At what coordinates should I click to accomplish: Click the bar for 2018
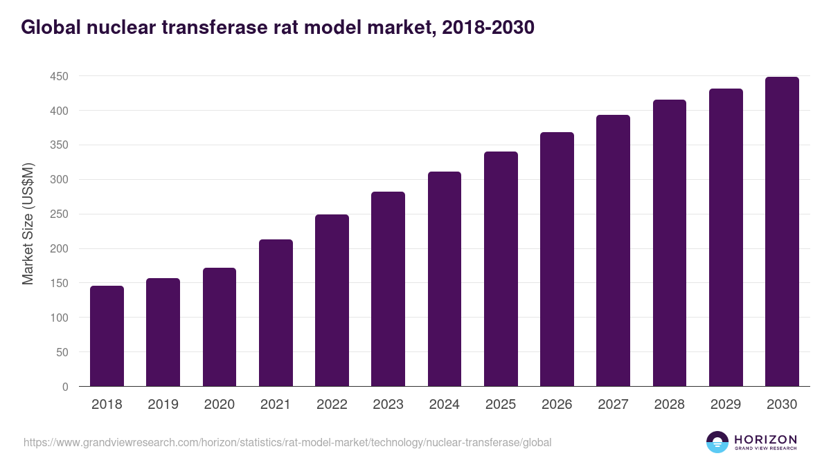click(x=107, y=336)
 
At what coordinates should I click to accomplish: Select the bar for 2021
click(x=276, y=313)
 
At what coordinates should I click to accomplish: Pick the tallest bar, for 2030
click(x=782, y=232)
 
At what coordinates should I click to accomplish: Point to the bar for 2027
click(x=613, y=250)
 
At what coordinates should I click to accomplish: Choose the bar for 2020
click(x=220, y=327)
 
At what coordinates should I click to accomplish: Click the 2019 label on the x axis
click(x=163, y=405)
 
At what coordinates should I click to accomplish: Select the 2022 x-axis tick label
click(x=332, y=405)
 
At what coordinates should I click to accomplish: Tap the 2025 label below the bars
click(x=501, y=405)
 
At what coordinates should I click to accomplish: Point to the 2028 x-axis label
click(x=670, y=405)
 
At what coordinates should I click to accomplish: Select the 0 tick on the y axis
click(x=65, y=387)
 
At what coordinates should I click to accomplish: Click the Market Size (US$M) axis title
click(x=28, y=225)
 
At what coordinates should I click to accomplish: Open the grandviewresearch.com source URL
click(x=287, y=442)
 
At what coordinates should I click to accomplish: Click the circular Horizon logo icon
click(x=717, y=442)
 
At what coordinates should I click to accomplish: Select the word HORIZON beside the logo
click(x=765, y=439)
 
